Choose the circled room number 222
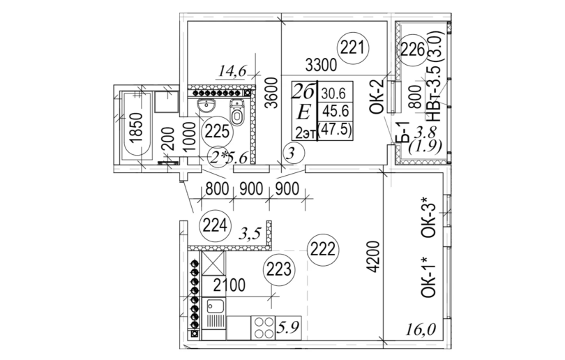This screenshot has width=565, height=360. click(323, 248)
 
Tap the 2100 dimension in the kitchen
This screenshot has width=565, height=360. click(229, 284)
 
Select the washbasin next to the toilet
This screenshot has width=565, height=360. click(206, 107)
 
